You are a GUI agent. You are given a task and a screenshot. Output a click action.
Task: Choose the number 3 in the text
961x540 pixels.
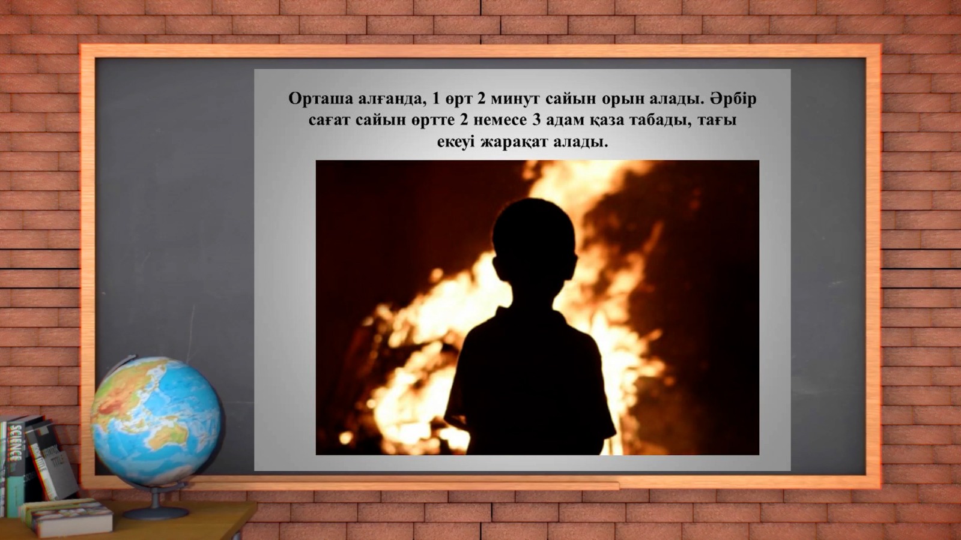[536, 120]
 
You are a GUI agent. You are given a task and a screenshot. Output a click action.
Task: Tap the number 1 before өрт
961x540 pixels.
[437, 99]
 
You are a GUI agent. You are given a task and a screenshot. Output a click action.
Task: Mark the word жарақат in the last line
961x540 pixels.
[514, 142]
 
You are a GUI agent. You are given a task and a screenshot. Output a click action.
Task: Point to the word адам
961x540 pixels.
[565, 121]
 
